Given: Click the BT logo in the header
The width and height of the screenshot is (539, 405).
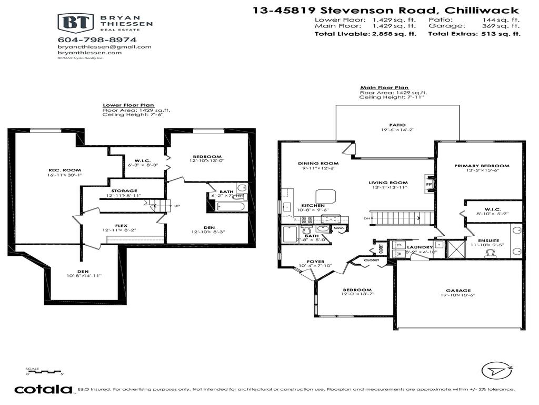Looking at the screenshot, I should click(x=75, y=24).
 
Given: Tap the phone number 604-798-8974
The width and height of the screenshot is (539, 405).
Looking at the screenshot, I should click(x=97, y=40).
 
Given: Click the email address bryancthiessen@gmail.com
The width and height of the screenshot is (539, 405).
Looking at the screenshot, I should click(x=104, y=46).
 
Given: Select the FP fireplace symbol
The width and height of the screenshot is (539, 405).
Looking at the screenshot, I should click(x=428, y=185).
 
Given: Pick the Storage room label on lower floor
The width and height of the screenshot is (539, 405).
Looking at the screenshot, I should click(x=124, y=191).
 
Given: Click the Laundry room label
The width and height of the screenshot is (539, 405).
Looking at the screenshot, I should click(x=420, y=247).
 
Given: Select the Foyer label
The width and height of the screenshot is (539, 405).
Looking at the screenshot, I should click(x=316, y=262).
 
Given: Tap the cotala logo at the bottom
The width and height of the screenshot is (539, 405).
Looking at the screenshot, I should click(x=43, y=390).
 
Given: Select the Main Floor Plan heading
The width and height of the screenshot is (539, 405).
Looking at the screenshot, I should click(x=384, y=88).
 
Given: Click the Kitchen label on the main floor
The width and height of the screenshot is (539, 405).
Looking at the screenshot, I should click(x=313, y=205).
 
